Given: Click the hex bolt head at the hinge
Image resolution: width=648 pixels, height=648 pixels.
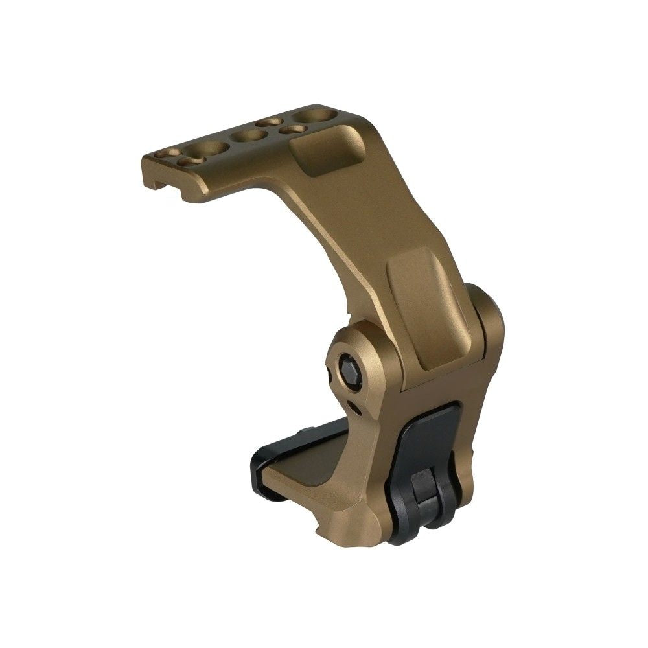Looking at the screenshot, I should click(350, 372).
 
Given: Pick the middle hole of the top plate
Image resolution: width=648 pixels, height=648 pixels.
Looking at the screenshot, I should click(249, 135).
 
